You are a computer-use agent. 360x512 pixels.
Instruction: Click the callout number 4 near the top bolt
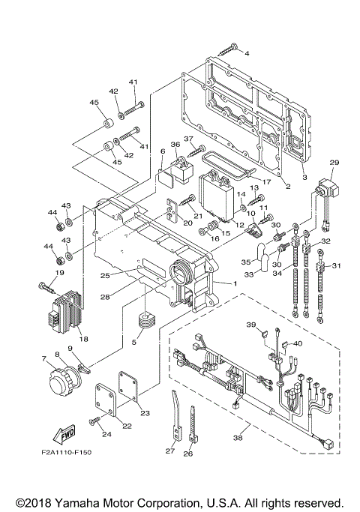[247, 53]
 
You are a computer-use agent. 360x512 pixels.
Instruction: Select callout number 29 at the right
[334, 162]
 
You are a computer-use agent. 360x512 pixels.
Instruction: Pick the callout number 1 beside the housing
[235, 283]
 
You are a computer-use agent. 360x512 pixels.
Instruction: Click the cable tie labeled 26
[193, 433]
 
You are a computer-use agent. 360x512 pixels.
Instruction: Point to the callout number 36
[175, 145]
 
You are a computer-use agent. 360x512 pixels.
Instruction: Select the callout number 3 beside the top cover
[304, 177]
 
